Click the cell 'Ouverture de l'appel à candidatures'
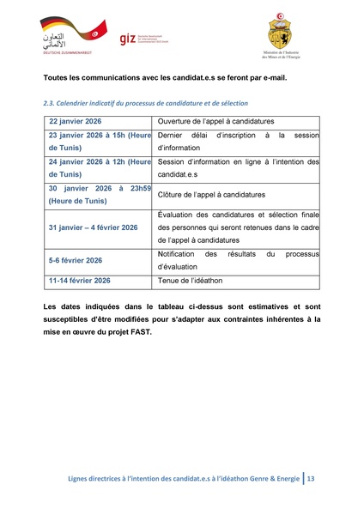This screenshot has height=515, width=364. point(215,121)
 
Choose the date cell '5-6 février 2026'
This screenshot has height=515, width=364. point(76,260)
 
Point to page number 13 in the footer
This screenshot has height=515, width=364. point(311,478)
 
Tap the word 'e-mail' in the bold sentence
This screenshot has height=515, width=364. point(271,78)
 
